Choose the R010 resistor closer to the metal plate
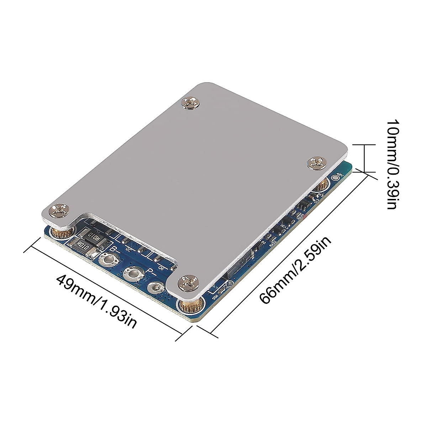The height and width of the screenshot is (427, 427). coord(93,235)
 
